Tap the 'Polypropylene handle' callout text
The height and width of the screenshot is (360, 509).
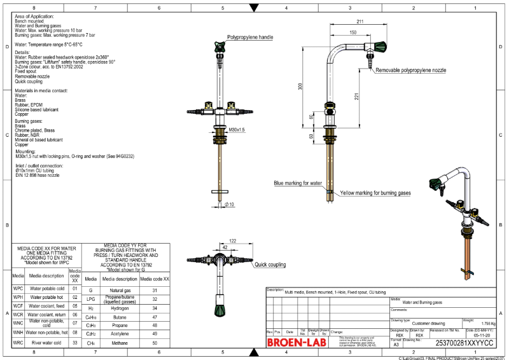[250, 38]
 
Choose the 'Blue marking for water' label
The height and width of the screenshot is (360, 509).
[298, 183]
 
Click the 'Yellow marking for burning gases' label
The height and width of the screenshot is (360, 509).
[375, 193]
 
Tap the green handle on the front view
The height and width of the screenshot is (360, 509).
[220, 45]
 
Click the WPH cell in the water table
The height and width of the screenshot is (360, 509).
[18, 297]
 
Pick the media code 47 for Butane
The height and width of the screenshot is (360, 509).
[155, 315]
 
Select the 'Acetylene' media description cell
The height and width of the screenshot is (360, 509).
[120, 333]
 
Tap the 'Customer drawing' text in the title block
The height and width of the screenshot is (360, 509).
[429, 323]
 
